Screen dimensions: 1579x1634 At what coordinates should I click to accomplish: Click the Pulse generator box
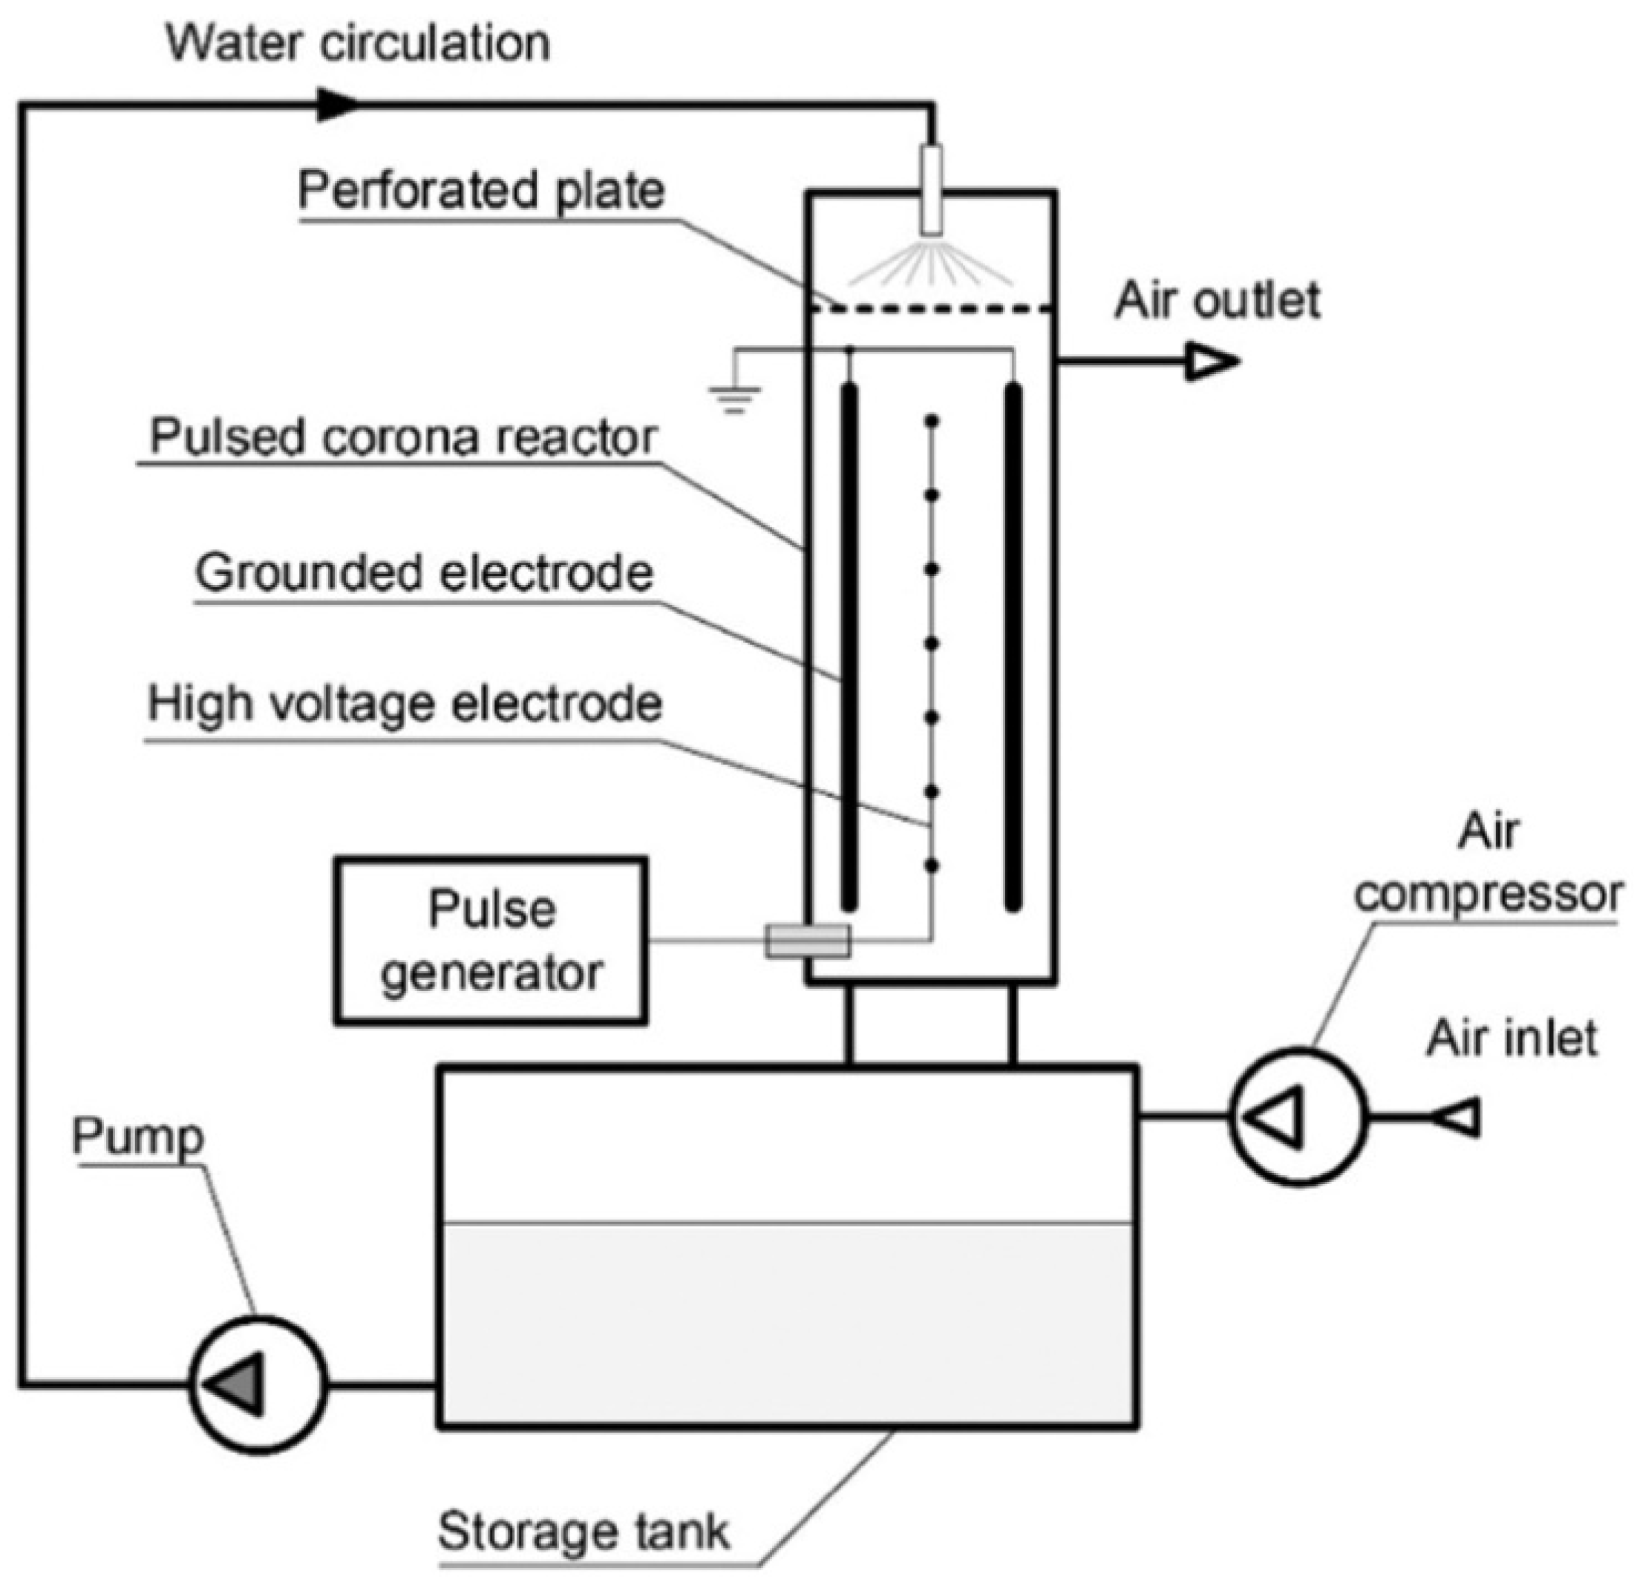pyautogui.click(x=491, y=941)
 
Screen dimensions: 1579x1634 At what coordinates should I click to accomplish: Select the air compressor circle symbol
pyautogui.click(x=1298, y=1117)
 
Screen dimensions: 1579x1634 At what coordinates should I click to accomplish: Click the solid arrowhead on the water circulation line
pyautogui.click(x=337, y=105)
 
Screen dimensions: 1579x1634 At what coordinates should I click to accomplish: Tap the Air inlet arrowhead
pyautogui.click(x=1458, y=1117)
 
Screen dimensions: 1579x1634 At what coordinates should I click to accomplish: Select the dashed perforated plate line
pyautogui.click(x=932, y=310)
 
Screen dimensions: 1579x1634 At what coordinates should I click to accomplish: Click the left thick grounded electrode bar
pyautogui.click(x=849, y=646)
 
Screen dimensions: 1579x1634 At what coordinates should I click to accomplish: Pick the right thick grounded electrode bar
pyautogui.click(x=1013, y=646)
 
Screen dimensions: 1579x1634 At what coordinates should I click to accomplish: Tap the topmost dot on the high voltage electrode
pyautogui.click(x=932, y=422)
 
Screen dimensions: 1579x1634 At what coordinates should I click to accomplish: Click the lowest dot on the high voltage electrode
pyautogui.click(x=932, y=866)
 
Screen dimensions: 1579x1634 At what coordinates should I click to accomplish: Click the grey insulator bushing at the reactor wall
pyautogui.click(x=808, y=941)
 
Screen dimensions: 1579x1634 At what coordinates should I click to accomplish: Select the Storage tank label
pyautogui.click(x=584, y=1531)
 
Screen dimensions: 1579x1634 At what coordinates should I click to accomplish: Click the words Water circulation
pyautogui.click(x=359, y=42)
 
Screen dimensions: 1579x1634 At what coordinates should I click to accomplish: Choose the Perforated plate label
pyautogui.click(x=482, y=191)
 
